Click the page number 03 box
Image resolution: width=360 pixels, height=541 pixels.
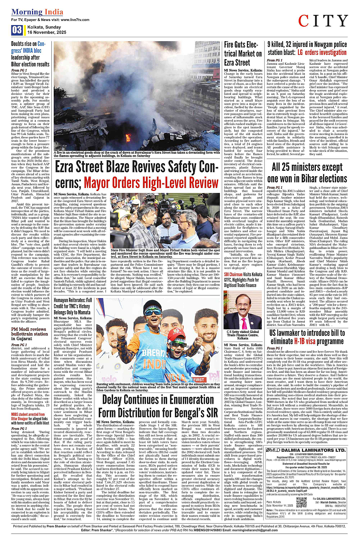(x=17, y=30)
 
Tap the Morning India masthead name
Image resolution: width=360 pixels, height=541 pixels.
(x=32, y=12)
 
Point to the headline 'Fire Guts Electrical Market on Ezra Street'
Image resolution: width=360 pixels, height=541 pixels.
(x=243, y=54)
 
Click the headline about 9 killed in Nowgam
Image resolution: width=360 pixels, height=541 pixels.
(x=307, y=48)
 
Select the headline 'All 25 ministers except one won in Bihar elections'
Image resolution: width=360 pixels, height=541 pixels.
(x=307, y=173)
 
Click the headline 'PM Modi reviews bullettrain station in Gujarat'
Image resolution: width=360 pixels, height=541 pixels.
(x=29, y=334)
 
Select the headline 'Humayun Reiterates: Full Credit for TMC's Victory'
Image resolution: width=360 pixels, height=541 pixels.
(x=73, y=306)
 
